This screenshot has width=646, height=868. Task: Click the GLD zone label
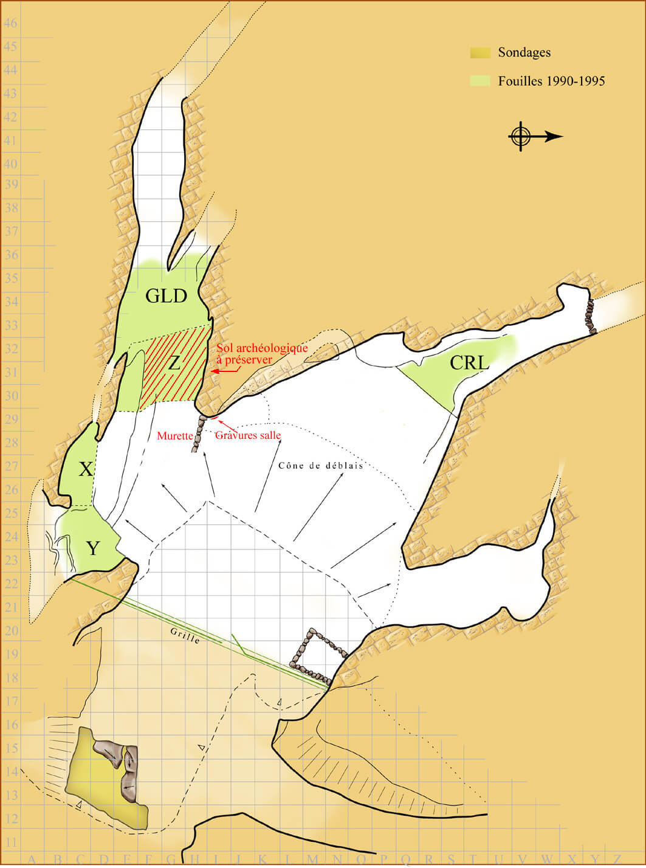coord(167,296)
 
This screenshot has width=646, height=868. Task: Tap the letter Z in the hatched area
coord(174,363)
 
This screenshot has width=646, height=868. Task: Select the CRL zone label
coord(469,363)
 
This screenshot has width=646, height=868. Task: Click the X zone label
coord(86,469)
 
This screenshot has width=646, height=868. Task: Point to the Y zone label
coord(92,548)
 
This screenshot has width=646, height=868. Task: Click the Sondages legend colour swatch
coord(480,53)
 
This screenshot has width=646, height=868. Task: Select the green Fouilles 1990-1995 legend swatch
coord(480,80)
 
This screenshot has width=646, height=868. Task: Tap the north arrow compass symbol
coord(521,136)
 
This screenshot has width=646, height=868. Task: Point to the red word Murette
coord(175,436)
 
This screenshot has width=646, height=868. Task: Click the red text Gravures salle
coord(248,435)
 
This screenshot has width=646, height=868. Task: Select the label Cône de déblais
coord(320,466)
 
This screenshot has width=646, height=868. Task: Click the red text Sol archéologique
coord(262,348)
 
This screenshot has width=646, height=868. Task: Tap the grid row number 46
coord(11,23)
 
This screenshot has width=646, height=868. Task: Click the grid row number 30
coord(11,396)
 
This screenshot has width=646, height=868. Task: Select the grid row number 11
coord(11,842)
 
